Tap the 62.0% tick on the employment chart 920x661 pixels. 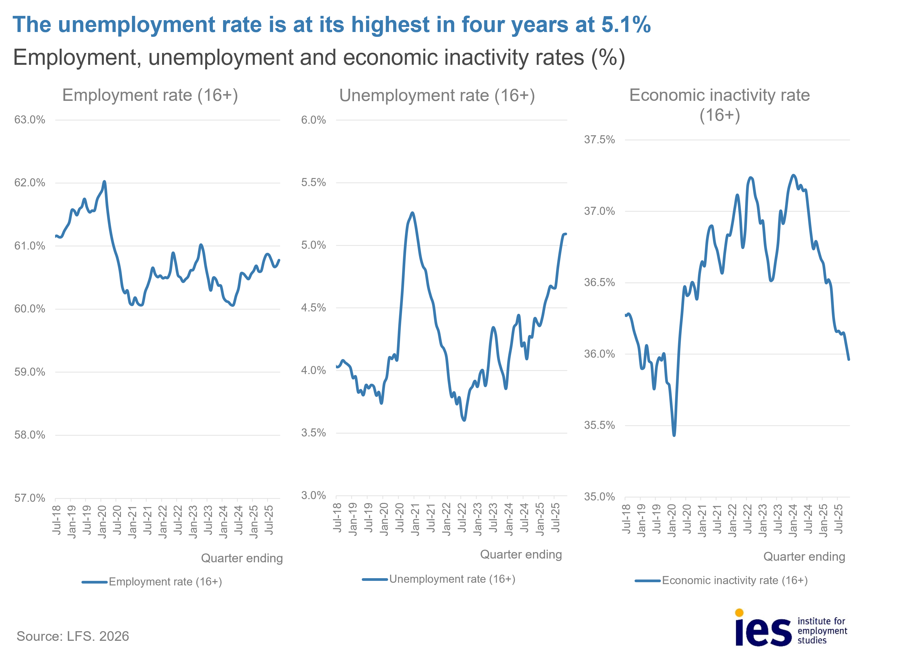coord(30,183)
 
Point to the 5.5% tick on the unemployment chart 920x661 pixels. coord(313,183)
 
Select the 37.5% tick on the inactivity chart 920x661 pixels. coord(599,140)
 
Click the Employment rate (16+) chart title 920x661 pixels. coord(150,95)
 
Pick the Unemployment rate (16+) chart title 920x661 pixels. coord(437,96)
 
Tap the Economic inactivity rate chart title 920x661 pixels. coord(719,105)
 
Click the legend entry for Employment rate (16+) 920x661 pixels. coord(165,582)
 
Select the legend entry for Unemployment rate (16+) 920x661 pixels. coord(452,579)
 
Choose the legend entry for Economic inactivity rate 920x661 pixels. coord(735,581)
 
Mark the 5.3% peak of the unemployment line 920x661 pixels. coord(413,213)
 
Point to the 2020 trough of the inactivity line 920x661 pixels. coord(674,435)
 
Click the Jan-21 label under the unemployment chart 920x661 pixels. coord(415,519)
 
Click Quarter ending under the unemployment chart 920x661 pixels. coord(521,555)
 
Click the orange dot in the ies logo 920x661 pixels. coord(739,613)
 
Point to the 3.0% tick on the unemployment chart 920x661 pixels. coord(313,495)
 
